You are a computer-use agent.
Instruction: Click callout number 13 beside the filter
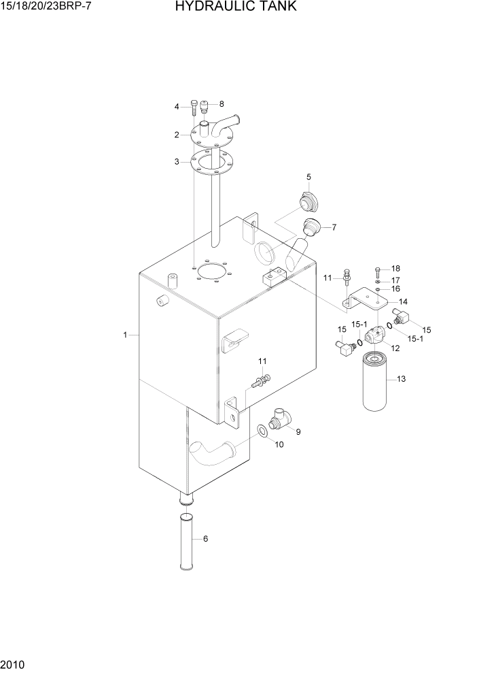click(401, 379)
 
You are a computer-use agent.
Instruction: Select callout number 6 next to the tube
click(205, 539)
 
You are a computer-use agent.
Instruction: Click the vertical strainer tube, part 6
click(185, 544)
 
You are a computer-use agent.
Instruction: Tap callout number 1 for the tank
click(126, 335)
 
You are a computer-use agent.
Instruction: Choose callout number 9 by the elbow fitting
click(298, 431)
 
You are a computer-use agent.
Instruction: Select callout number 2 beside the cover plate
click(176, 135)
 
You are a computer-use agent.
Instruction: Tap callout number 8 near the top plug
click(222, 104)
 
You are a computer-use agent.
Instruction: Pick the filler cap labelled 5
click(308, 201)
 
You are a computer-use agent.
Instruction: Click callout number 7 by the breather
click(334, 227)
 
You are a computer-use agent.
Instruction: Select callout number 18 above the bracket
click(395, 268)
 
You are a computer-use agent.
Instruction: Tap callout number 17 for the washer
click(395, 280)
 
